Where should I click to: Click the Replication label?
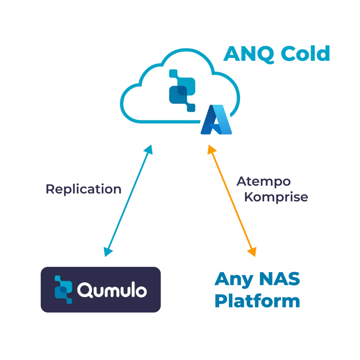[83, 189]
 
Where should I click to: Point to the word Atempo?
[264, 182]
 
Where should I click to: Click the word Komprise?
[276, 197]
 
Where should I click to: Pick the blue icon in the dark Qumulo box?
[64, 289]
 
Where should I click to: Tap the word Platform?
[257, 301]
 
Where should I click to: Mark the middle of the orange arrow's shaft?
[231, 200]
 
